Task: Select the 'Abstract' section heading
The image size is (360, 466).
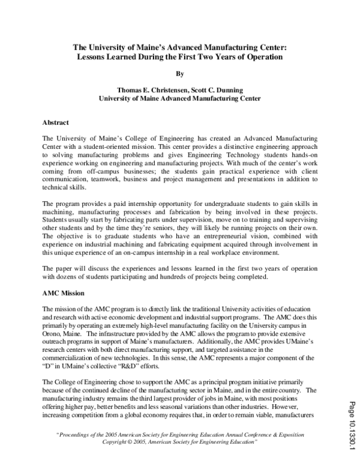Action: (x=56, y=122)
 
